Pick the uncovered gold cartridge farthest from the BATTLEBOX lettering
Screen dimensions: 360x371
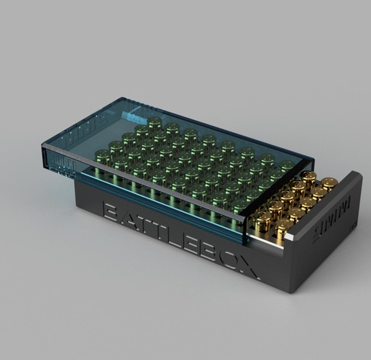(330, 184)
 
